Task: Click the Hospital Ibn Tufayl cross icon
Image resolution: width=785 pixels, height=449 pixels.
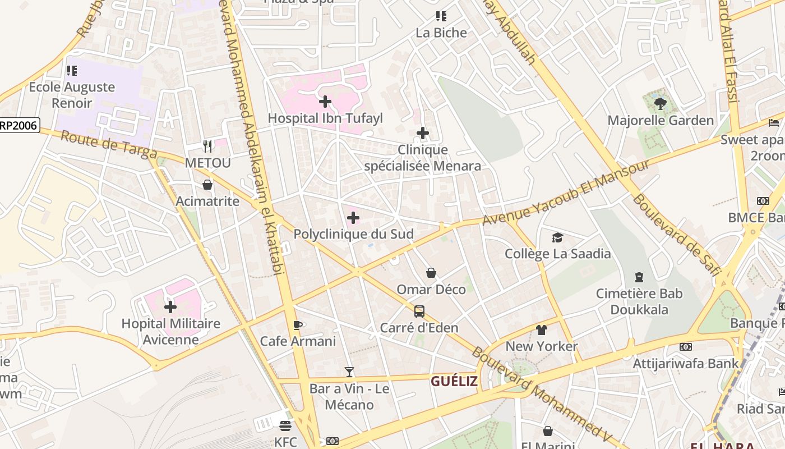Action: pos(325,102)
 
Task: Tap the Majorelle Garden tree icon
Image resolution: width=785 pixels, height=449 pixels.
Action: pos(661,103)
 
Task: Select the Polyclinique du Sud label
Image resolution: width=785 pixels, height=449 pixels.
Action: pos(353,234)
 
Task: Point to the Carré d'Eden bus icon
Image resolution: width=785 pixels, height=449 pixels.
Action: pos(419,311)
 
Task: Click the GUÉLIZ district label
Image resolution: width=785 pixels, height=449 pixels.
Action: pos(454,382)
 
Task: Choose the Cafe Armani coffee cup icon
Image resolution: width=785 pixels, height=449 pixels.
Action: pos(298,325)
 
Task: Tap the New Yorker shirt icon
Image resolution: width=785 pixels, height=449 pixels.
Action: pos(541,329)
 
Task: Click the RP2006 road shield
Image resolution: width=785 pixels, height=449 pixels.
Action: pos(19,125)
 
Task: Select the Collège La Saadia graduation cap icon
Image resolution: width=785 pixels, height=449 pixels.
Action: pos(557,237)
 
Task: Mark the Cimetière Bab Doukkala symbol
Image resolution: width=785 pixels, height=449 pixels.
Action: pos(639,277)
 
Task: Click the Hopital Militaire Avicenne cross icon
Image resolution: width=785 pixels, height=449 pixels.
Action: pos(170,307)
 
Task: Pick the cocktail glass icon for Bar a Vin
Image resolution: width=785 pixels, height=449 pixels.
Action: pos(349,372)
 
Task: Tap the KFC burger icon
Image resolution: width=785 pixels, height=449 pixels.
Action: pos(285,426)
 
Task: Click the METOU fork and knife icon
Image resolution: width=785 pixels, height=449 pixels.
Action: pos(207,146)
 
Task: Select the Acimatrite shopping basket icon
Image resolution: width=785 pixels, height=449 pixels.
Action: pos(207,185)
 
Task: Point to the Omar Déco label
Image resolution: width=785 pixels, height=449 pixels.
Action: pos(431,290)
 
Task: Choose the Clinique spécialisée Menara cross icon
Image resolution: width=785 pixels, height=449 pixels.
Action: pos(423,133)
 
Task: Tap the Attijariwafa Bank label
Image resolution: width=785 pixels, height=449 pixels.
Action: pos(686,363)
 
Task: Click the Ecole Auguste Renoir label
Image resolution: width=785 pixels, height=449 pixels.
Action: pos(72,95)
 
